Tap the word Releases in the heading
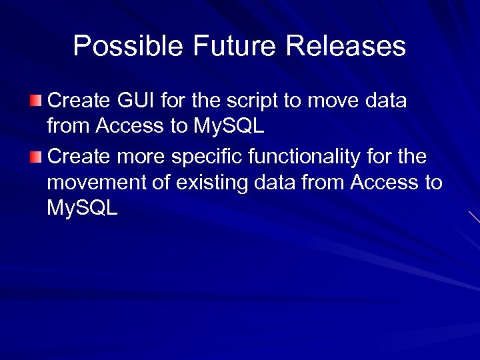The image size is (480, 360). [x=346, y=47]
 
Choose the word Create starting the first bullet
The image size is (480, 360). [x=78, y=101]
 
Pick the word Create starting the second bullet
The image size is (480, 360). [x=78, y=157]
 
